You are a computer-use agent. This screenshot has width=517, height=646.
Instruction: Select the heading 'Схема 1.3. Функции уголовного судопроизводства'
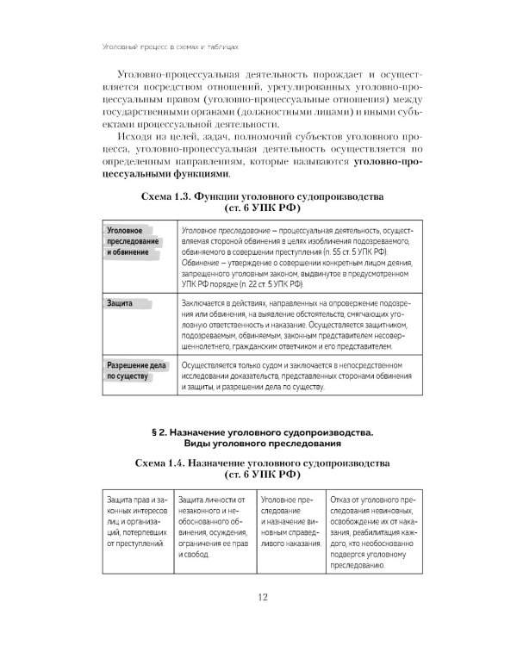tap(264, 197)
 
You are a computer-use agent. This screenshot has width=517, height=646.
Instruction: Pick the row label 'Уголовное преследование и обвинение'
tap(131, 244)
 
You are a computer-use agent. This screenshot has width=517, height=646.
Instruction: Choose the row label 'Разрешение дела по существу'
tap(132, 370)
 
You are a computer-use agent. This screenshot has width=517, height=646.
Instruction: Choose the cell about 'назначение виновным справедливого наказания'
tap(291, 523)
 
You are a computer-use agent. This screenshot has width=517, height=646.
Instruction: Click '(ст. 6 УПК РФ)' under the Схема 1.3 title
tap(264, 209)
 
